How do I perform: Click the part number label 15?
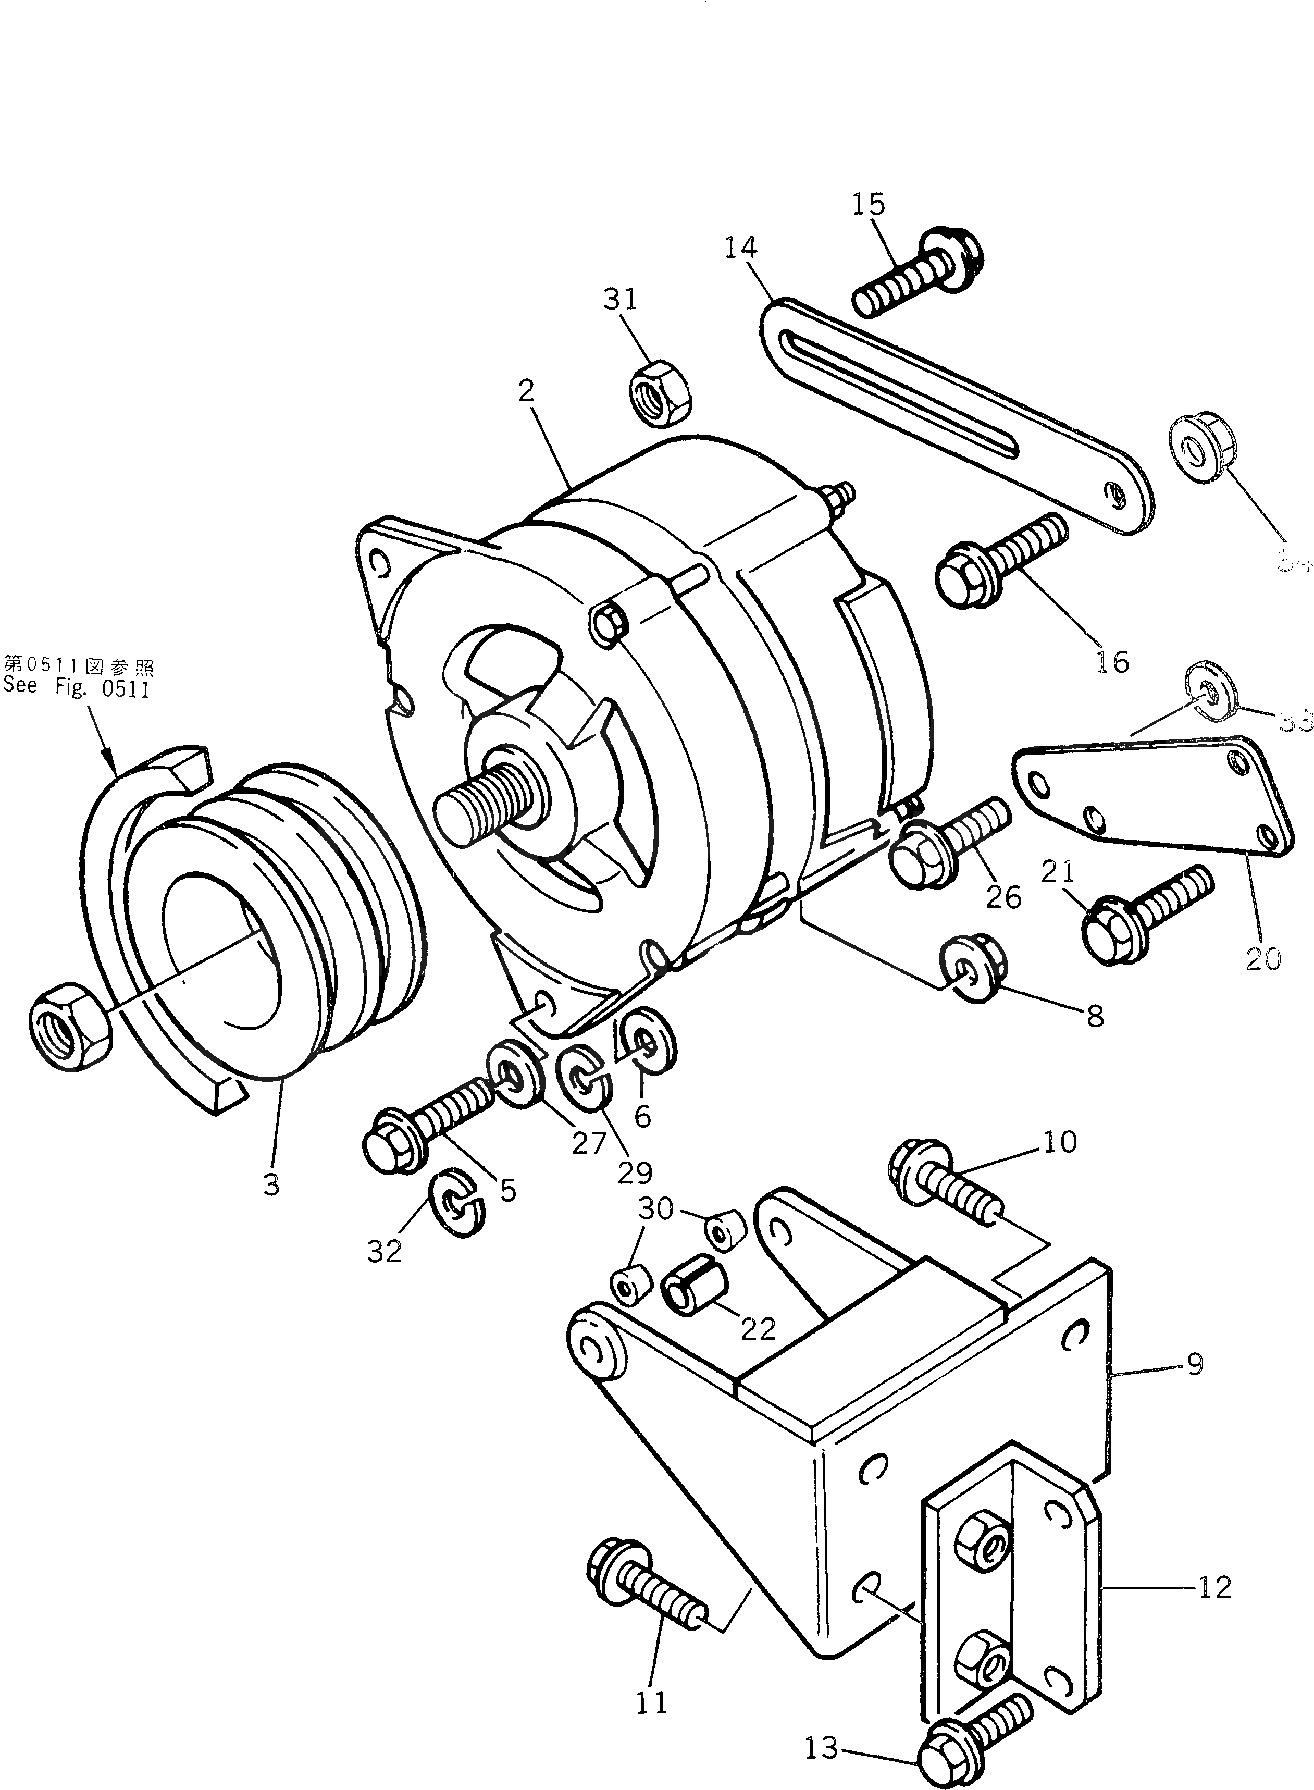pos(868,204)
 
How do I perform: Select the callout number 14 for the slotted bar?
pos(740,248)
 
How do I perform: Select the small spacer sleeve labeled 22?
pos(695,1293)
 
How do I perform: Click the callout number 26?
pos(1003,897)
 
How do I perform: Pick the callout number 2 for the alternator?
pos(526,391)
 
